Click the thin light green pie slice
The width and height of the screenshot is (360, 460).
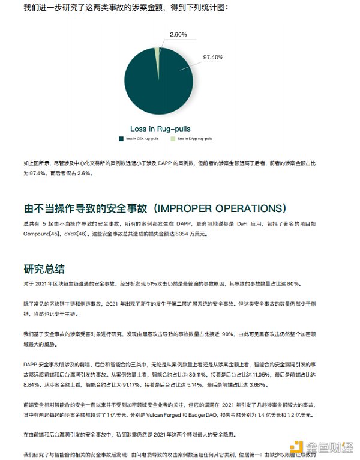pos(157,53)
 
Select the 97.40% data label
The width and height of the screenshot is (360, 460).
pos(213,58)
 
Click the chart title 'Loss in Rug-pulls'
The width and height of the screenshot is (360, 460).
pos(161,129)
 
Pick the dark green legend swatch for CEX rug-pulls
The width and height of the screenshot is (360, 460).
pos(121,138)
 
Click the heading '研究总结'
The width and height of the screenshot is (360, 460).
pos(44,268)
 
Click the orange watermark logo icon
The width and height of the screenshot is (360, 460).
pos(296,446)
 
